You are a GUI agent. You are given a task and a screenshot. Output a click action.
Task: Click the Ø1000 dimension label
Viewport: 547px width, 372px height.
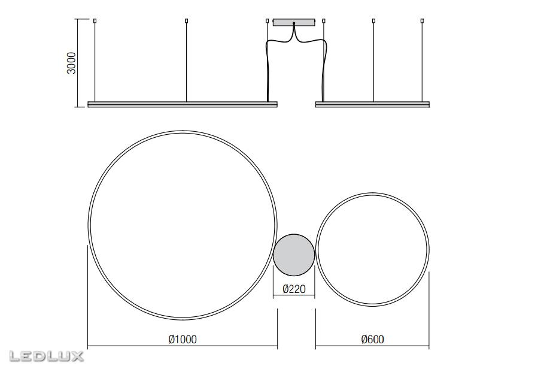pyautogui.click(x=183, y=340)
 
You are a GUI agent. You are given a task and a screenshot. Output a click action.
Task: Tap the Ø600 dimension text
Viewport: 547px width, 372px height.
pyautogui.click(x=372, y=340)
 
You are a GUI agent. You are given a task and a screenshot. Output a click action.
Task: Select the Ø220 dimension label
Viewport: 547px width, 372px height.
pyautogui.click(x=294, y=289)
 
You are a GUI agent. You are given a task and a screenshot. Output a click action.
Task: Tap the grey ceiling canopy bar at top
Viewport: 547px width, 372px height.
pyautogui.click(x=294, y=23)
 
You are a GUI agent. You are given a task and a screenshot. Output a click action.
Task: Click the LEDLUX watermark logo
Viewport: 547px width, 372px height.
pyautogui.click(x=46, y=356)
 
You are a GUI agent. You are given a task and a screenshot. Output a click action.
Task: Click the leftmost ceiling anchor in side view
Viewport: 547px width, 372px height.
pyautogui.click(x=95, y=22)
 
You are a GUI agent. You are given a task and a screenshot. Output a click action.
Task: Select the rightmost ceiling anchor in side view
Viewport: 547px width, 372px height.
pyautogui.click(x=423, y=22)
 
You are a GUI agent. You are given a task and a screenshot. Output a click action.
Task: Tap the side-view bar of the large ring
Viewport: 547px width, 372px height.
pyautogui.click(x=183, y=104)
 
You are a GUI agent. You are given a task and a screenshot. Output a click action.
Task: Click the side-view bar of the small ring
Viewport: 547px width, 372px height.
pyautogui.click(x=372, y=104)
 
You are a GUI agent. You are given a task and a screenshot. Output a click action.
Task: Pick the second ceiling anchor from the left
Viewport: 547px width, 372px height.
pyautogui.click(x=186, y=22)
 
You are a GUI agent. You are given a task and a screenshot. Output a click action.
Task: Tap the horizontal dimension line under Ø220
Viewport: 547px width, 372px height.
pyautogui.click(x=294, y=297)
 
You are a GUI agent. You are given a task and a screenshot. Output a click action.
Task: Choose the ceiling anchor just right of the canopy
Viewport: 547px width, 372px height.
pyautogui.click(x=323, y=22)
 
